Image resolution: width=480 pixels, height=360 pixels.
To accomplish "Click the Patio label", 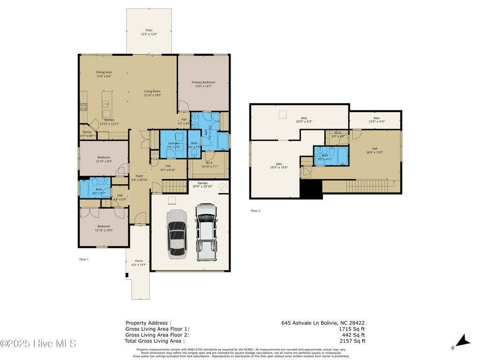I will (149, 30).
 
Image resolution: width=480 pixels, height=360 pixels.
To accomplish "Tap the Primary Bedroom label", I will (203, 82).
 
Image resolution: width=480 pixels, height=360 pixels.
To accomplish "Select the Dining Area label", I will (104, 72).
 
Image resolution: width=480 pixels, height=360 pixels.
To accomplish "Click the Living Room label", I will (152, 91).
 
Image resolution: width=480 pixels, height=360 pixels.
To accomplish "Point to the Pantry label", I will (87, 132).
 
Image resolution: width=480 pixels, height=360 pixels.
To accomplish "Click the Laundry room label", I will (173, 143).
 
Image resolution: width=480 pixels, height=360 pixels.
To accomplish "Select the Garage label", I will (202, 183).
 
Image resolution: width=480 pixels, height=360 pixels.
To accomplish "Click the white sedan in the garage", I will (176, 234).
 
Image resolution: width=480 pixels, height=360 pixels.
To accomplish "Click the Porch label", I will (139, 261).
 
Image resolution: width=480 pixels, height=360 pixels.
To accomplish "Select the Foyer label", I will (139, 176).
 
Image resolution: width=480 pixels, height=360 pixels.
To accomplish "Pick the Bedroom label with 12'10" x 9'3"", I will (104, 157).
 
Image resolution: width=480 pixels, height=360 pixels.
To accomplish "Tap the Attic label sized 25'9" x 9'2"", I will (304, 118).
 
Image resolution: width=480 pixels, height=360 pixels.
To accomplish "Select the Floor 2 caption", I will (255, 211).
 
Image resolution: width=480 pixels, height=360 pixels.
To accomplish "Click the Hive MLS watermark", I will (38, 344).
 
